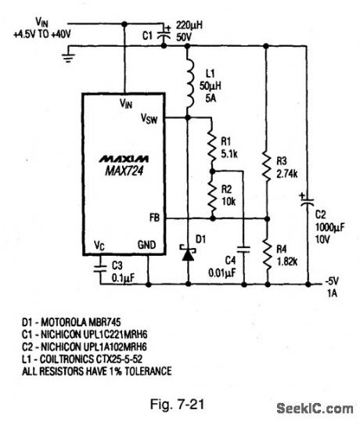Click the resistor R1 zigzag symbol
click(x=211, y=147)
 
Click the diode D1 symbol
click(x=189, y=255)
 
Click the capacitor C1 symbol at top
click(x=164, y=34)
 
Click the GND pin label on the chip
click(x=148, y=244)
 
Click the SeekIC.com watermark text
click(x=315, y=408)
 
